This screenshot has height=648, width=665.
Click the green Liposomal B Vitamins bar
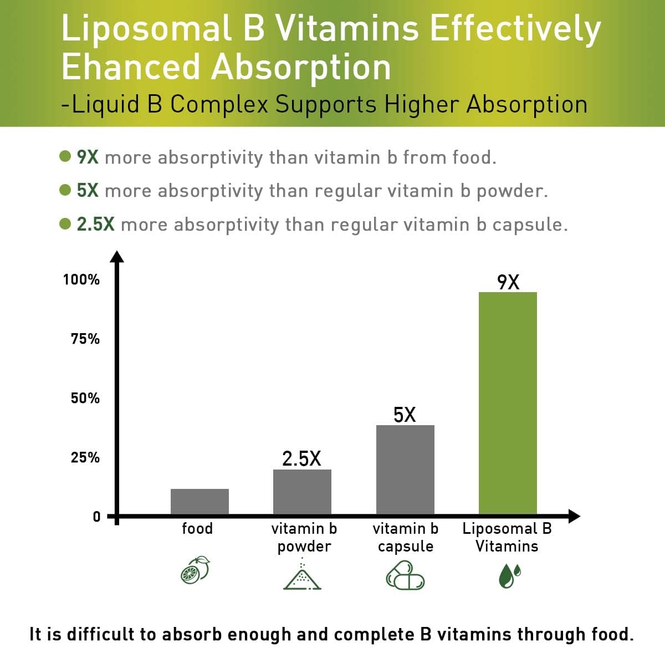[x=507, y=403]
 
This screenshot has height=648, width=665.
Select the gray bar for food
[x=199, y=501]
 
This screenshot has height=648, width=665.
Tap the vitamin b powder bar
[x=302, y=492]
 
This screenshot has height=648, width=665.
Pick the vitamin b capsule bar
[x=405, y=470]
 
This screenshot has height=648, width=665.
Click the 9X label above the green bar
[x=508, y=282]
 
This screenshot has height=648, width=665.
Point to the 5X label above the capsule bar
[x=405, y=415]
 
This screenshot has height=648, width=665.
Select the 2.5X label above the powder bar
[x=301, y=458]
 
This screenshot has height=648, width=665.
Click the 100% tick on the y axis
[x=81, y=279]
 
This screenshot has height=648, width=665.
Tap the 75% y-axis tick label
[x=85, y=339]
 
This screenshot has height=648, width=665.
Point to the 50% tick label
[x=85, y=398]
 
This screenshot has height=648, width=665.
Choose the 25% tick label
[x=85, y=457]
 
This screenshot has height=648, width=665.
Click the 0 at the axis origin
[x=96, y=517]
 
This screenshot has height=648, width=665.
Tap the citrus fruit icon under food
[x=195, y=570]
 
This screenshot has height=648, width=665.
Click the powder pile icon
[x=302, y=575]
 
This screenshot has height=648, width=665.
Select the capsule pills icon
[x=405, y=575]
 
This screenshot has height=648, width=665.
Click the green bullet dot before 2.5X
[x=65, y=223]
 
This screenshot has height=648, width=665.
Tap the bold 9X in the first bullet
[x=88, y=157]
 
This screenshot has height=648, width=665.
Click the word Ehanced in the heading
[x=131, y=68]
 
